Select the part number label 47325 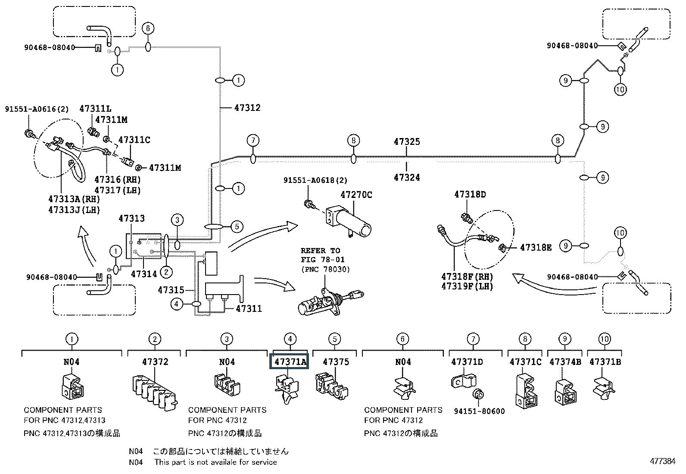tap(407, 141)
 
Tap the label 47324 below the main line tap(407, 177)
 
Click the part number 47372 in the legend tap(155, 362)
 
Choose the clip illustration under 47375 tap(332, 385)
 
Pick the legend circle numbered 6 tap(402, 339)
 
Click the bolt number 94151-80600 tap(479, 411)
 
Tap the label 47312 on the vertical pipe tap(247, 107)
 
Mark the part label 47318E tap(536, 247)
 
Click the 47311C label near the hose tap(134, 140)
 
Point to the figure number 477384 tap(662, 461)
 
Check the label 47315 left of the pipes tap(171, 290)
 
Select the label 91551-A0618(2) tap(315, 180)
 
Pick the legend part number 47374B tap(565, 362)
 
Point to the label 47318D tap(470, 195)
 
